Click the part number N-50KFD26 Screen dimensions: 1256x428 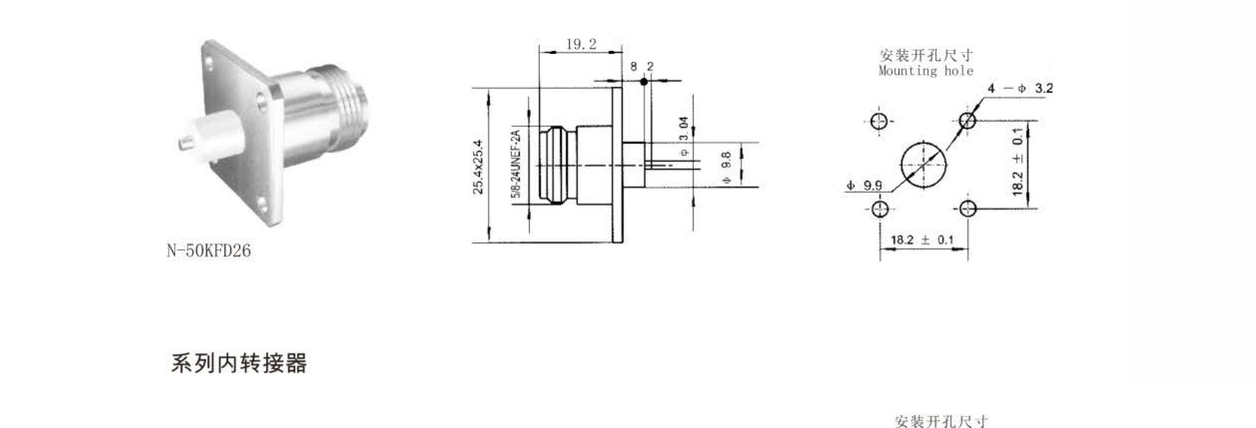209,250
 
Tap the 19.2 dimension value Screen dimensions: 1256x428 581,44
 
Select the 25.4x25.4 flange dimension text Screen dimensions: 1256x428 478,167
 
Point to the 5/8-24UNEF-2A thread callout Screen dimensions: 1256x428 516,164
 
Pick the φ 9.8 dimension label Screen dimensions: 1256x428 727,167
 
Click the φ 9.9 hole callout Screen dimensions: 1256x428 864,186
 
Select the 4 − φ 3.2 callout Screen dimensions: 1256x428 1020,88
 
